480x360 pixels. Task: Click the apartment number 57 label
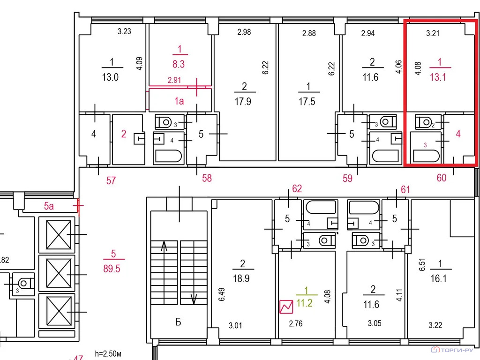111,180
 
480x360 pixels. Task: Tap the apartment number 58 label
207,178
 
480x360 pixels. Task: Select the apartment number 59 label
347,178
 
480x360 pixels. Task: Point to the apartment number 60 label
442,178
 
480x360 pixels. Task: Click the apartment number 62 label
297,188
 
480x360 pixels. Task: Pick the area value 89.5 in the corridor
112,269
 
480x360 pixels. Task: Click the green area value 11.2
304,303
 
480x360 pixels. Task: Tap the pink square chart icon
286,307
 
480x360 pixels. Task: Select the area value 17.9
243,101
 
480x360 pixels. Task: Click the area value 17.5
307,101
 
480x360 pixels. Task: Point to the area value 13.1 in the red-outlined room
438,77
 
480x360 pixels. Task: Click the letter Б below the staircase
178,322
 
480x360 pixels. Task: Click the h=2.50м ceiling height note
108,354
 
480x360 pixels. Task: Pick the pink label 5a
49,206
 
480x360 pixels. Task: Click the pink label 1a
179,101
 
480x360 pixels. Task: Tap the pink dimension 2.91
174,80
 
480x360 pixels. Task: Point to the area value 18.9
241,278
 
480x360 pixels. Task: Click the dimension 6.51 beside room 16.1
422,264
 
